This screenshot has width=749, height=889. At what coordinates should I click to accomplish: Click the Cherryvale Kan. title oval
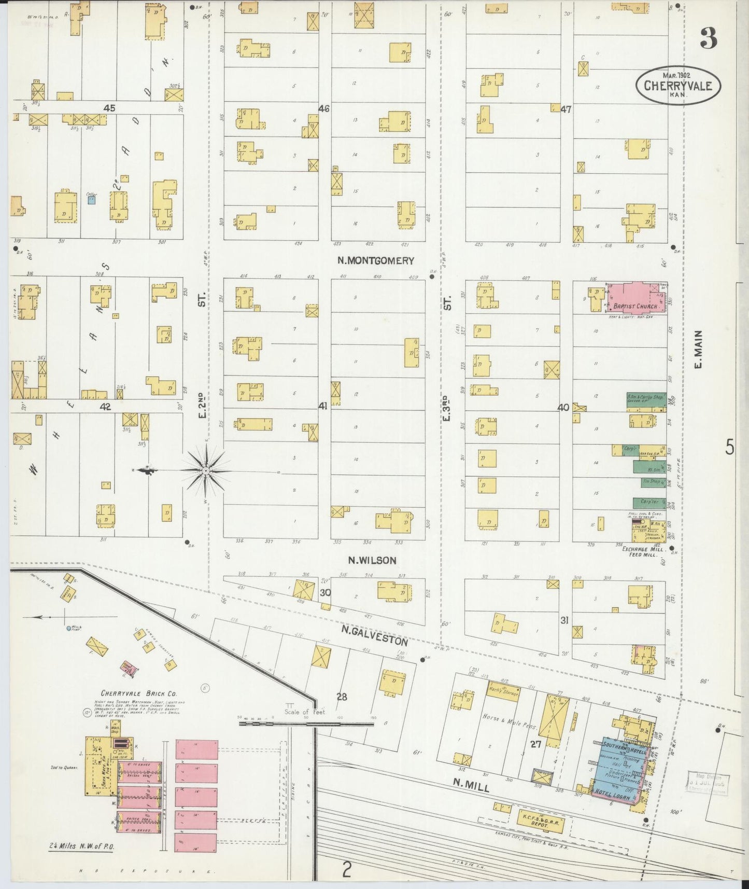677,86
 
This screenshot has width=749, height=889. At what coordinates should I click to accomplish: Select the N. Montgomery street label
376,261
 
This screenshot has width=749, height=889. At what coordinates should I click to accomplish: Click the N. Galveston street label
374,635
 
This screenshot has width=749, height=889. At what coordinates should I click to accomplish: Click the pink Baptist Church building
637,298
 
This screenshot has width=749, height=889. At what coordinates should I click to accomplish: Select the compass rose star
206,470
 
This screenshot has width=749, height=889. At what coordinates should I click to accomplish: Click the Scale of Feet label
304,712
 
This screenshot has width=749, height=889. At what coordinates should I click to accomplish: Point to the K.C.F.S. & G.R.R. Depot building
541,822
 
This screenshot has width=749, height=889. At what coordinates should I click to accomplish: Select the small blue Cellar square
91,199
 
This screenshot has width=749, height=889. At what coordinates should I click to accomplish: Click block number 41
323,407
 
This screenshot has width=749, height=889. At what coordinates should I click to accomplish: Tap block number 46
324,108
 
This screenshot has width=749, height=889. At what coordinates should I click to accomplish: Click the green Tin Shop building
649,482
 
